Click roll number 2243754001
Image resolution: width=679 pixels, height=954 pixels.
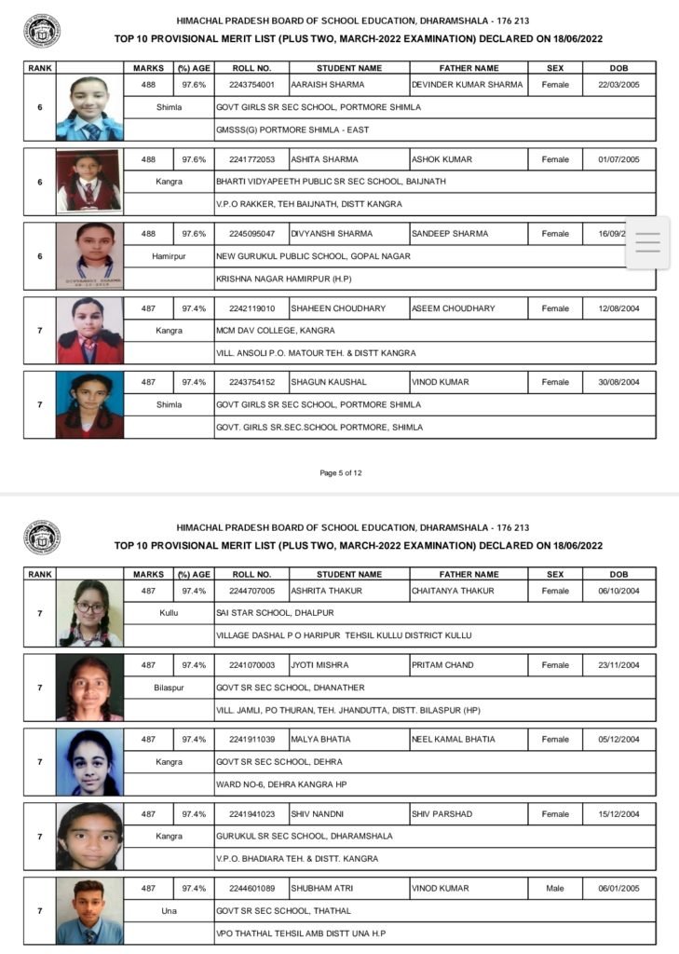[x=251, y=85]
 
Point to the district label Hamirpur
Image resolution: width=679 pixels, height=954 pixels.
[x=169, y=256]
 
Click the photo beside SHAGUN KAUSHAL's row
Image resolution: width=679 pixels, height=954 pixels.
[x=89, y=405]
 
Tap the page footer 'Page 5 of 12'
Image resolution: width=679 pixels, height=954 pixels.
[x=340, y=472]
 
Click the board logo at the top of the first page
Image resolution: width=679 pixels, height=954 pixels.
[x=42, y=30]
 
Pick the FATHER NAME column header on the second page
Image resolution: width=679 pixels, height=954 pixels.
[x=469, y=575]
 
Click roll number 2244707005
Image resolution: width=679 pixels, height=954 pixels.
[x=251, y=591]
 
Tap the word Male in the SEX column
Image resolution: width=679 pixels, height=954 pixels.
[x=555, y=889]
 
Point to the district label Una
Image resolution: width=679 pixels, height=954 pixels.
[x=169, y=911]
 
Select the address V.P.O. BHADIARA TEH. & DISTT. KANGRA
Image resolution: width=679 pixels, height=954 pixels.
[x=297, y=859]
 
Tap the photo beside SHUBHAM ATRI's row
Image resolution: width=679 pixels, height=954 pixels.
[x=89, y=911]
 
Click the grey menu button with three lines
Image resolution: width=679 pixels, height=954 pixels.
[x=647, y=242]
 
